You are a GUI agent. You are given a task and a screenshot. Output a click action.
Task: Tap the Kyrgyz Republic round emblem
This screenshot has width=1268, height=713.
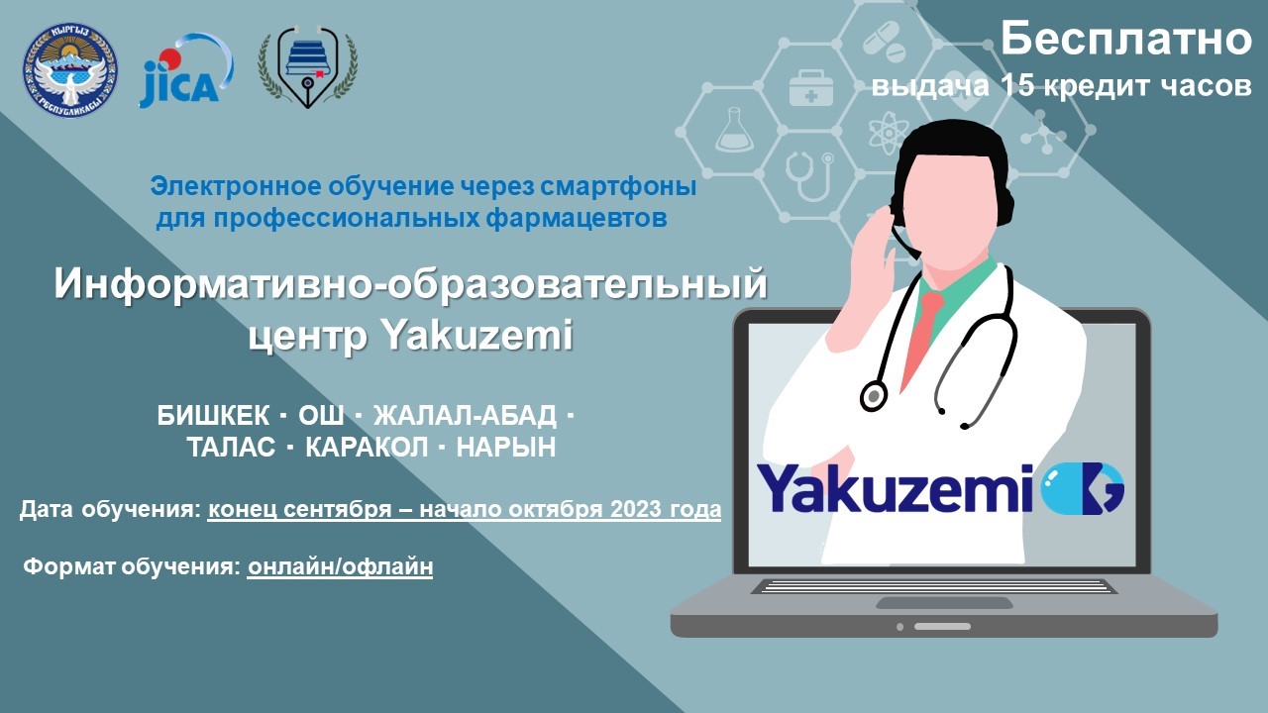click(70, 70)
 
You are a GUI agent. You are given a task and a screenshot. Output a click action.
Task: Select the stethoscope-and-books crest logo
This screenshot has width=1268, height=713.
click(307, 66)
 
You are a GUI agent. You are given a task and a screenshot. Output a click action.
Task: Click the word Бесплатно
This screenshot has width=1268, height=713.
click(1126, 39)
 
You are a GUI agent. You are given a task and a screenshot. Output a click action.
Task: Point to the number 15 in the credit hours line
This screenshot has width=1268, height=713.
click(1017, 85)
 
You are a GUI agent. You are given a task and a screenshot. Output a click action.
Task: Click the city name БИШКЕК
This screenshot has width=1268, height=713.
click(213, 416)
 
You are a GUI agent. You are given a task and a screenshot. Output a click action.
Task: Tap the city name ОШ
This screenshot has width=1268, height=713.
click(321, 416)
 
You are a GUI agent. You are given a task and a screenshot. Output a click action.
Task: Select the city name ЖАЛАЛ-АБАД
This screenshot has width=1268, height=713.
click(465, 416)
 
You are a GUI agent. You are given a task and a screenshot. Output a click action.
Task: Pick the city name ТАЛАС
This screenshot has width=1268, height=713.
click(231, 447)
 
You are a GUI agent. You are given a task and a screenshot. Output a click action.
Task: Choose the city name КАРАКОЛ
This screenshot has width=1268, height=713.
click(367, 447)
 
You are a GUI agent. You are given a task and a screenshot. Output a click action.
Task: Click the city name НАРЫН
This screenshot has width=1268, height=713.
click(506, 447)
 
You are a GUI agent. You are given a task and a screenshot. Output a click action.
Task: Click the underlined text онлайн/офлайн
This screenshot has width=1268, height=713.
click(340, 566)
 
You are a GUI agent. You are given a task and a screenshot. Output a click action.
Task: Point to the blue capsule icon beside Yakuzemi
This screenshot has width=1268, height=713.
click(1083, 488)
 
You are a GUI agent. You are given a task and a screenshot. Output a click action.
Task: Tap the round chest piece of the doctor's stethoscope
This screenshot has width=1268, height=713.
click(874, 395)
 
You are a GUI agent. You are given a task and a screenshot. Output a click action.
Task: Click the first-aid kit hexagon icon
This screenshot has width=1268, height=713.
click(811, 88)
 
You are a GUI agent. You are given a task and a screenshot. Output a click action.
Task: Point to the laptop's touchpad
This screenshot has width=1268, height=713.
click(944, 603)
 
